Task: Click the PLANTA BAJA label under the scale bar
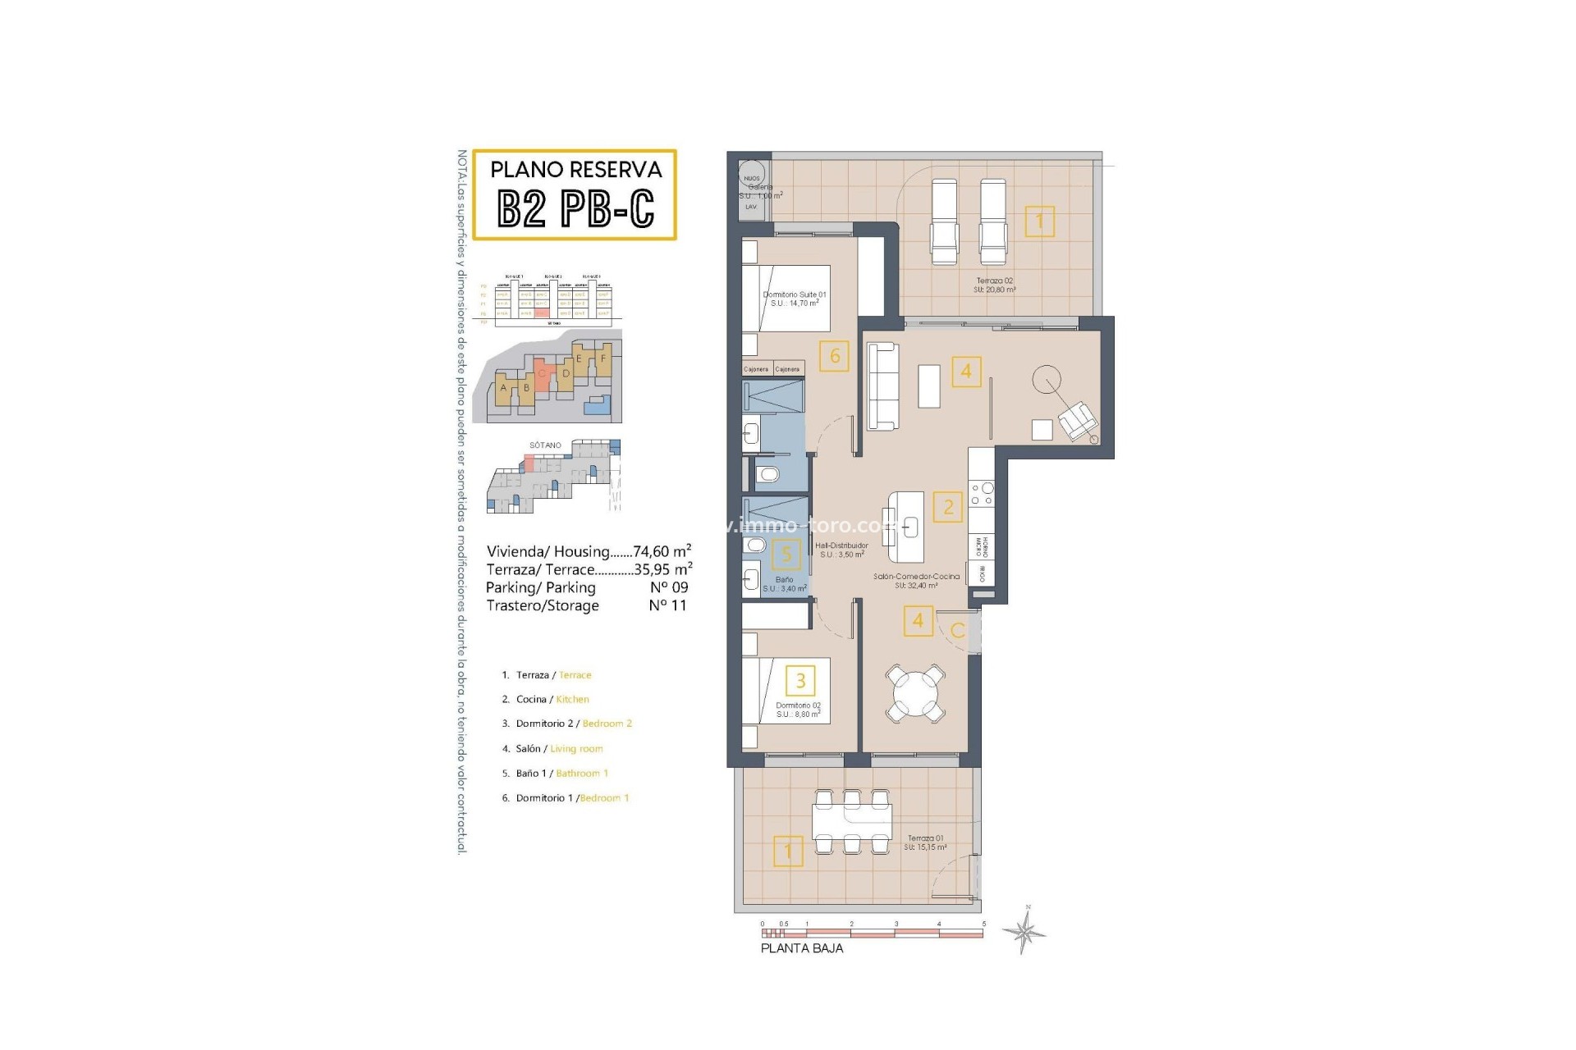pyautogui.click(x=801, y=948)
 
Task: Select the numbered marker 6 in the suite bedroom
pyautogui.click(x=834, y=356)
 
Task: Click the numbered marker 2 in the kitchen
pyautogui.click(x=948, y=507)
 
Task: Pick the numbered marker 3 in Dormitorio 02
pyautogui.click(x=800, y=680)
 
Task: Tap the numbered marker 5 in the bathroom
pyautogui.click(x=786, y=555)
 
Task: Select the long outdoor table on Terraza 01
pyautogui.click(x=851, y=819)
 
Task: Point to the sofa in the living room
pyautogui.click(x=884, y=386)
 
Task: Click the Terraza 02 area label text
pyautogui.click(x=994, y=285)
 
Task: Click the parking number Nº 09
pyautogui.click(x=668, y=587)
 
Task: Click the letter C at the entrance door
pyautogui.click(x=957, y=631)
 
